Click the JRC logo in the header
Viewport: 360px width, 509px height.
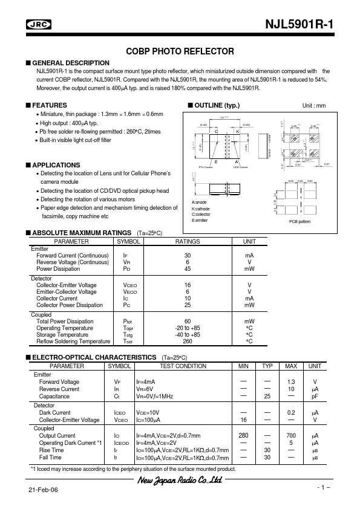click(39, 25)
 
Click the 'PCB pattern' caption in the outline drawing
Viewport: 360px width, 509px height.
click(299, 222)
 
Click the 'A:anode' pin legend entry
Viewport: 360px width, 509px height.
click(200, 201)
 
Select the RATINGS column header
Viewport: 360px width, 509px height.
click(187, 241)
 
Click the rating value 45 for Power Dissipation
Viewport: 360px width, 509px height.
click(187, 269)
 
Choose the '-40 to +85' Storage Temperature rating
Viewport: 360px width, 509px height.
click(187, 334)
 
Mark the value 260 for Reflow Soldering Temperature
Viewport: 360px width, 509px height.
click(187, 341)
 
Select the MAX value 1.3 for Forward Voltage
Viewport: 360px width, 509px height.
click(291, 382)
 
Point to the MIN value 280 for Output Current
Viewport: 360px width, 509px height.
click(244, 435)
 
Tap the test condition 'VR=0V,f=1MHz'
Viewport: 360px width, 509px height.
click(154, 396)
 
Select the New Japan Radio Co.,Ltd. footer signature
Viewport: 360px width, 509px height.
click(177, 481)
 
